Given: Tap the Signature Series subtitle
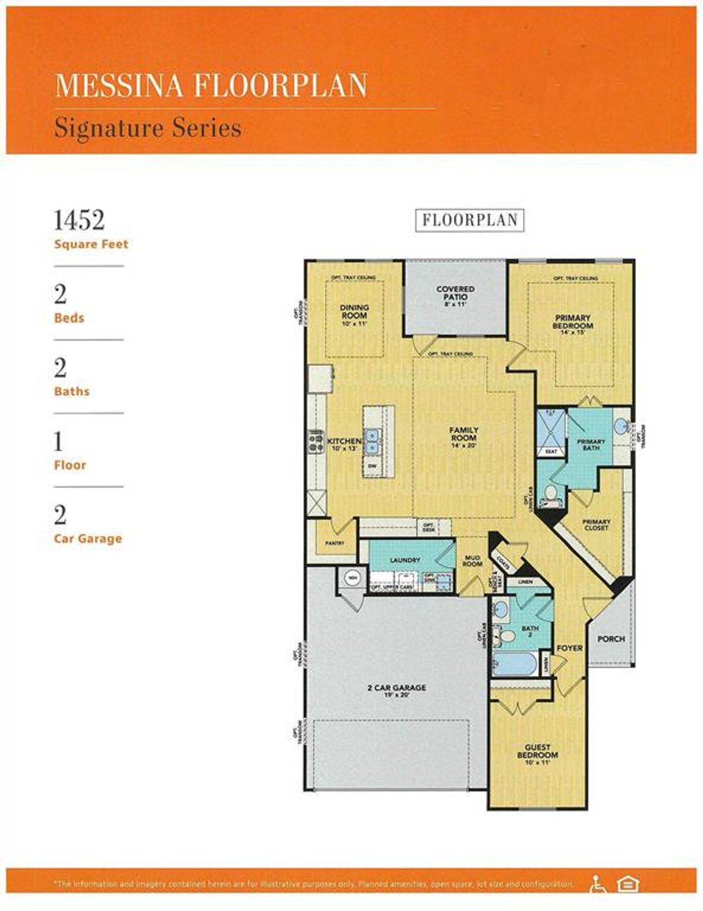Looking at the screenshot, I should (x=148, y=129).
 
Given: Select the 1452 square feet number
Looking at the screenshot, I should (x=79, y=220).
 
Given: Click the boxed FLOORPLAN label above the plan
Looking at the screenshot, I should (x=470, y=220).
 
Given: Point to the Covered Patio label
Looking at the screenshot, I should (x=455, y=293).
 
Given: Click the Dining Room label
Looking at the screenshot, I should (x=354, y=312).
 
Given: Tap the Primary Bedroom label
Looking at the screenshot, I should (x=572, y=322).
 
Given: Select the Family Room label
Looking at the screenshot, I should (x=464, y=434).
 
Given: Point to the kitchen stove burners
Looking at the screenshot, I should (x=316, y=441).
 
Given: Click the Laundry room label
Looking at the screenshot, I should (x=405, y=560).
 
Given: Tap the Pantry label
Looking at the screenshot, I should (x=334, y=543).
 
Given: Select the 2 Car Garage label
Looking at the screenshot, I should (x=397, y=687).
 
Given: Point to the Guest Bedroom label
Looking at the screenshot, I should (x=537, y=751).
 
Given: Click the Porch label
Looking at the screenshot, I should (x=611, y=638).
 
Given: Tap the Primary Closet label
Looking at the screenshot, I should (x=596, y=525).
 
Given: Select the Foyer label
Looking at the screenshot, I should (x=570, y=648).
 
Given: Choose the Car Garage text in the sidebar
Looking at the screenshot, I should (x=88, y=538).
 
